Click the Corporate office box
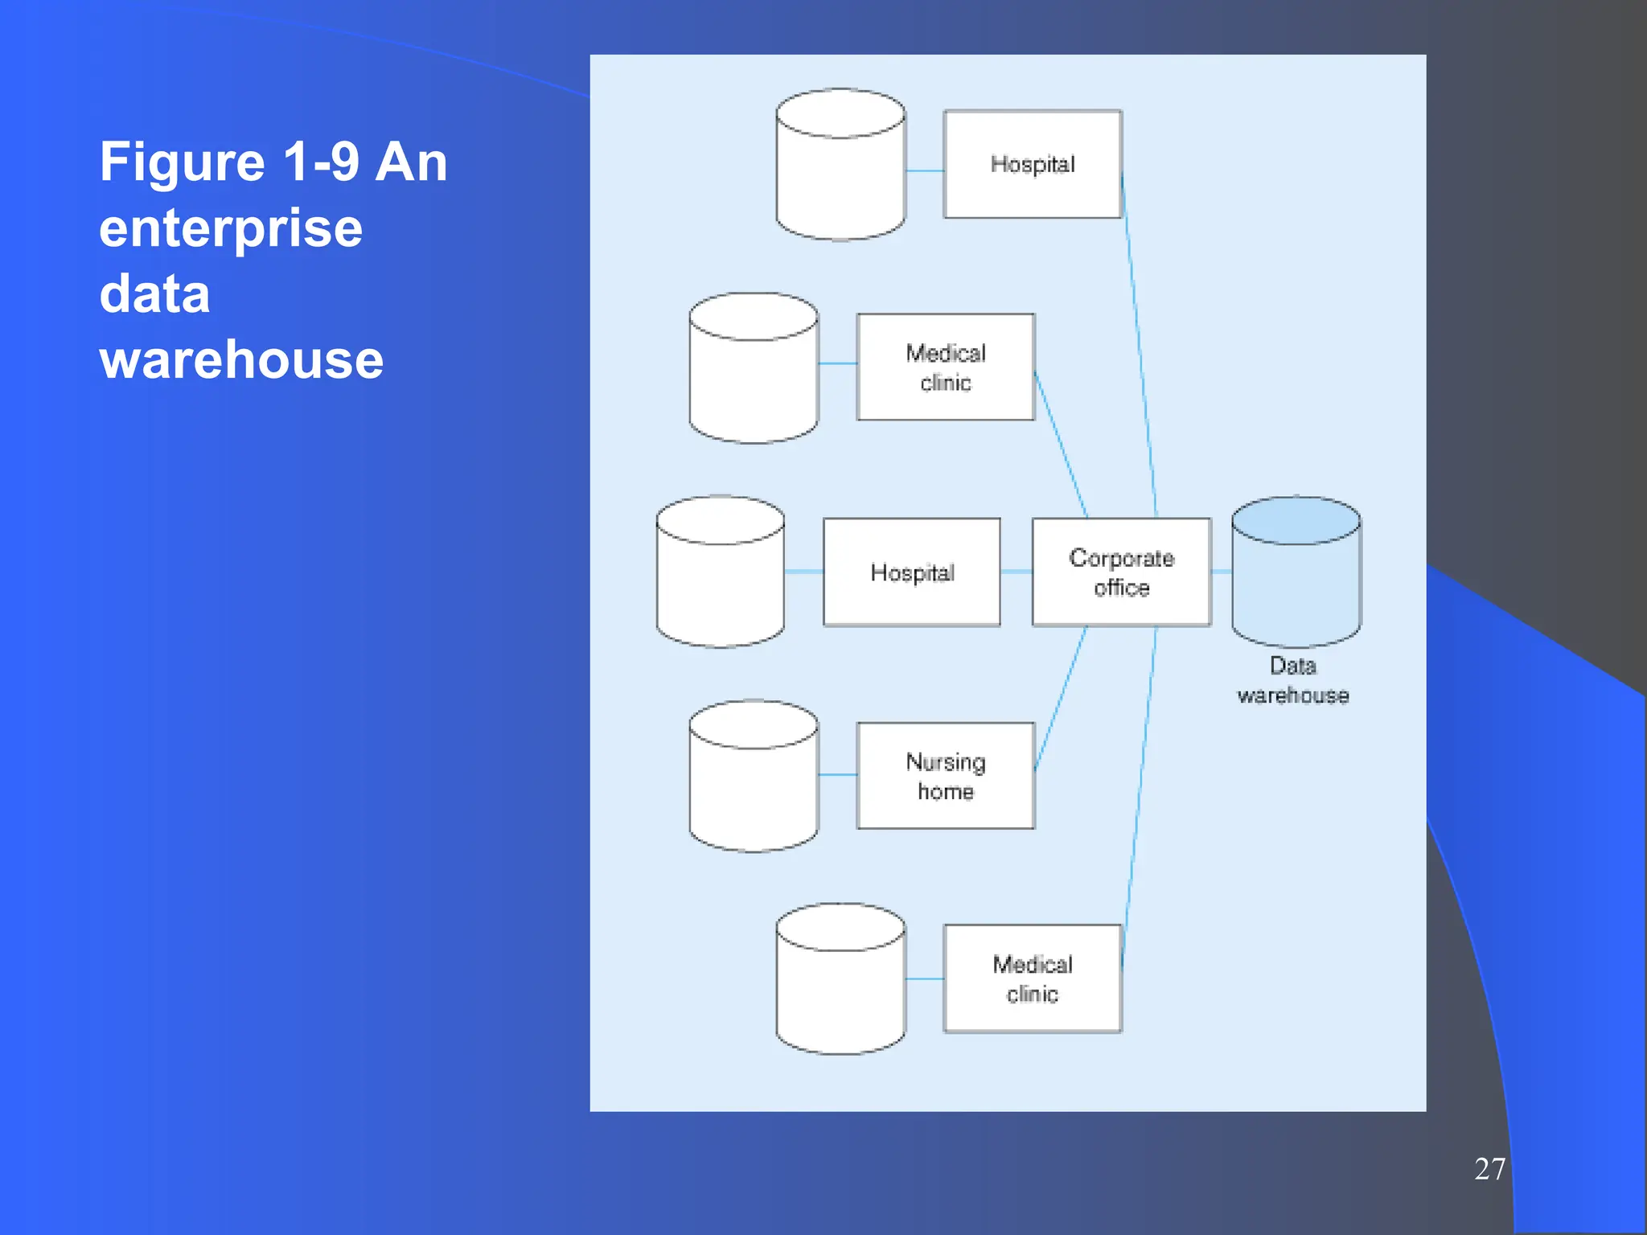pos(1121,572)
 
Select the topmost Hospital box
pos(1032,164)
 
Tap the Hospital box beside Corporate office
pos(912,572)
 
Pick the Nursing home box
pos(945,775)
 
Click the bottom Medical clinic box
pos(1032,978)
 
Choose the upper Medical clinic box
pos(945,367)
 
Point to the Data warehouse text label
pos(1292,680)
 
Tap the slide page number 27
pos(1489,1168)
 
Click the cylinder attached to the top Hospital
pos(840,173)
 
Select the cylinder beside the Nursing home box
pos(754,784)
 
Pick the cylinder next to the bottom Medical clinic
pos(840,987)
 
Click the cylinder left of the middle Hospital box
pos(720,581)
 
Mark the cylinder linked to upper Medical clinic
pos(754,376)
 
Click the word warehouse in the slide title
pos(241,359)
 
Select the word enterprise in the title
pos(231,228)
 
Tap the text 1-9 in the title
pos(321,162)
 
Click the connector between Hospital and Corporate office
pos(1017,572)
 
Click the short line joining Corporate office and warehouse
pos(1222,572)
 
